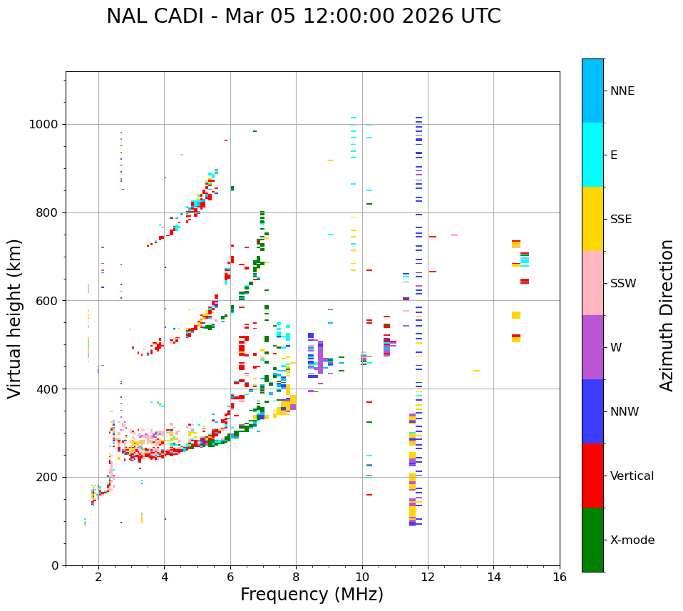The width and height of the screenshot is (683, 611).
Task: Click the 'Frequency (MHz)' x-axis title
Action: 312,595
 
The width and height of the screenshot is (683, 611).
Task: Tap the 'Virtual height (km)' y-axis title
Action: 15,318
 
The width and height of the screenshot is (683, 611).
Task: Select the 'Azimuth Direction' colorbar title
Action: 667,315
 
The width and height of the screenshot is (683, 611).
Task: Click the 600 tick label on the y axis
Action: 48,301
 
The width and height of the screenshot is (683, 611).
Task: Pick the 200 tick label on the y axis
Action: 48,477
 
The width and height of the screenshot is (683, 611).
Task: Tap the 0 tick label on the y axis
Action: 55,565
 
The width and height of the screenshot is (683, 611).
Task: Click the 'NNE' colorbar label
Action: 622,91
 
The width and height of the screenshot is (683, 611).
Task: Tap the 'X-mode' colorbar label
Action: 632,540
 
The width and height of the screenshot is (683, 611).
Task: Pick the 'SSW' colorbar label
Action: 623,284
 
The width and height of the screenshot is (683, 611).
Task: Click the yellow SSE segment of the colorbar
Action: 592,219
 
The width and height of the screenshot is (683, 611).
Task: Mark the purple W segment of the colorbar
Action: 592,347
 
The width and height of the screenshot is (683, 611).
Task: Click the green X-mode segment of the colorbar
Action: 592,540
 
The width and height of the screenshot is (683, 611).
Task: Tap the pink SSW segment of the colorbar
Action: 592,283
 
